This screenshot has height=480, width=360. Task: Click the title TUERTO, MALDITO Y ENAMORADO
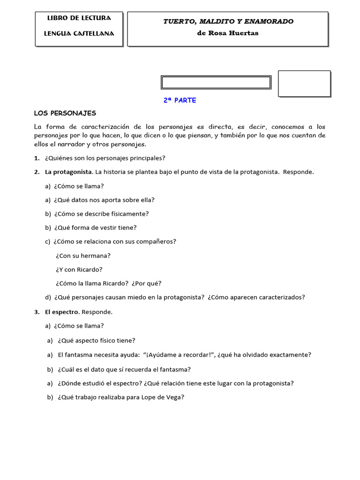pos(228,22)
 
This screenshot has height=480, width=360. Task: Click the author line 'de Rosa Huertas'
pos(228,33)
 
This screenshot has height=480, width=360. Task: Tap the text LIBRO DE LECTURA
pos(79,18)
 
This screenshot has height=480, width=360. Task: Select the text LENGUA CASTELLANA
pos(79,34)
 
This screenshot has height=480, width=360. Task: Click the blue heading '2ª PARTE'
pos(180,100)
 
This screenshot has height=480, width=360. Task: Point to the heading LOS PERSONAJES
pos(65,113)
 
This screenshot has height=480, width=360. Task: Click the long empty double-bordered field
pos(216,82)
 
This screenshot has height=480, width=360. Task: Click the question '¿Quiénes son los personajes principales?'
pos(105,158)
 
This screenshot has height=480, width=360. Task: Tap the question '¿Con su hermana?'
pos(83,256)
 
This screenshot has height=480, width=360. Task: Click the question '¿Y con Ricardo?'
pos(79,270)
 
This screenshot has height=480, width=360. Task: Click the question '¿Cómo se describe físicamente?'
pos(101,214)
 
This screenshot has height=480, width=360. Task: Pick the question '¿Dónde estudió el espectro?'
pos(100,383)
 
